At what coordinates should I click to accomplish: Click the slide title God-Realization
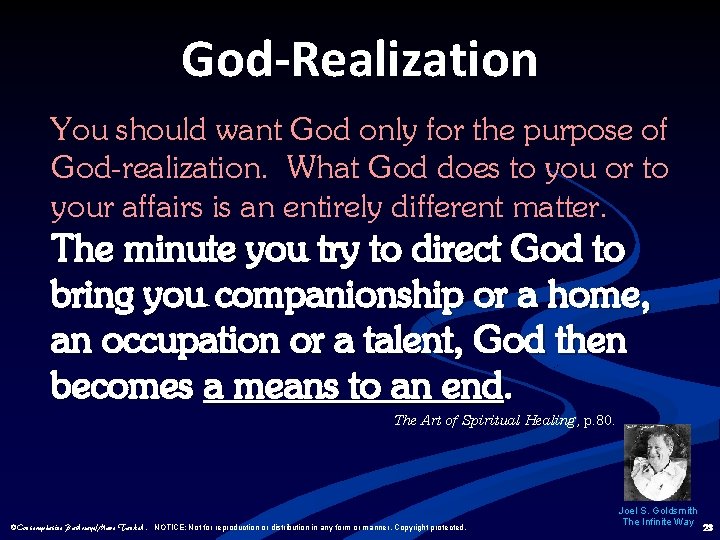[359, 59]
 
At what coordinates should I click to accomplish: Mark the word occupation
[180, 342]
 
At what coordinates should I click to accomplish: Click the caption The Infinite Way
[658, 522]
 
